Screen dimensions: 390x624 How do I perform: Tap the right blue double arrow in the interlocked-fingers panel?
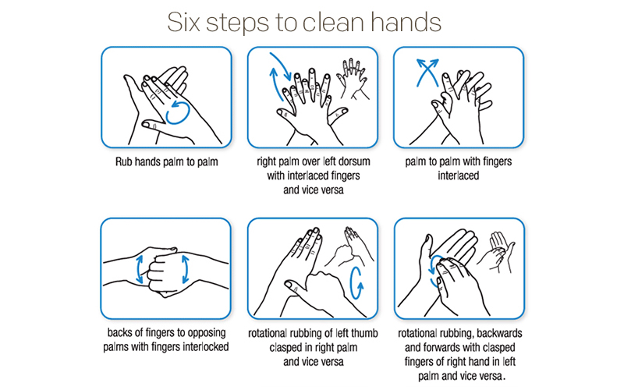[187, 268]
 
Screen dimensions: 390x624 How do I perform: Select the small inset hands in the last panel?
[498, 251]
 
